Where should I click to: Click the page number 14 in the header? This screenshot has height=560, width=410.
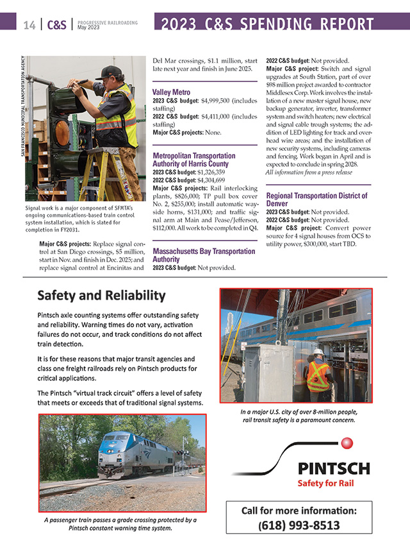[x=29, y=25]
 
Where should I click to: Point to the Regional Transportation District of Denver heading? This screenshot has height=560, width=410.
[x=316, y=199]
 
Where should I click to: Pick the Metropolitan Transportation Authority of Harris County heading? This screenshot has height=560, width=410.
[x=194, y=160]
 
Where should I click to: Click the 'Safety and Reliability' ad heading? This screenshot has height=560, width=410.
[x=101, y=296]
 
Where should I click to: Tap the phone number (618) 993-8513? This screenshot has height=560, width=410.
[x=299, y=525]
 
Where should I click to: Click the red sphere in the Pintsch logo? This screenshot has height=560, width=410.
[x=348, y=443]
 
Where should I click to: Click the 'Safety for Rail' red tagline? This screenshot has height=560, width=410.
[x=325, y=483]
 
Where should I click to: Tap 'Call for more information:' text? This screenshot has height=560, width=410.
[x=299, y=511]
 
